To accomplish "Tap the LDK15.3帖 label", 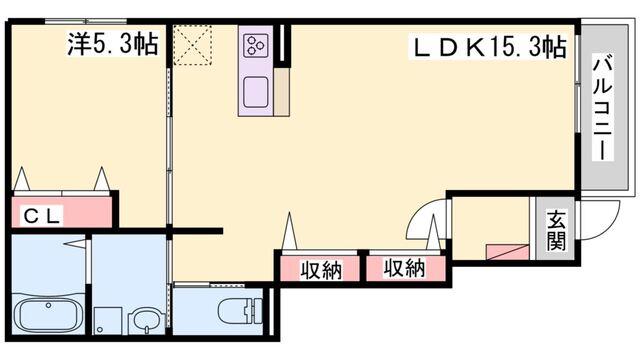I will click(x=491, y=47).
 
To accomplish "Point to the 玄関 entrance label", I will click(x=556, y=233).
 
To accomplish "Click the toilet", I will click(x=236, y=310).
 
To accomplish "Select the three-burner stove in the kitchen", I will click(x=254, y=45).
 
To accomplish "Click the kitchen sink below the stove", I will click(x=254, y=90).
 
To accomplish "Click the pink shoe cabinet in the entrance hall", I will click(x=506, y=252).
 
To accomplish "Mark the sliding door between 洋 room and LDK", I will click(x=169, y=150).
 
